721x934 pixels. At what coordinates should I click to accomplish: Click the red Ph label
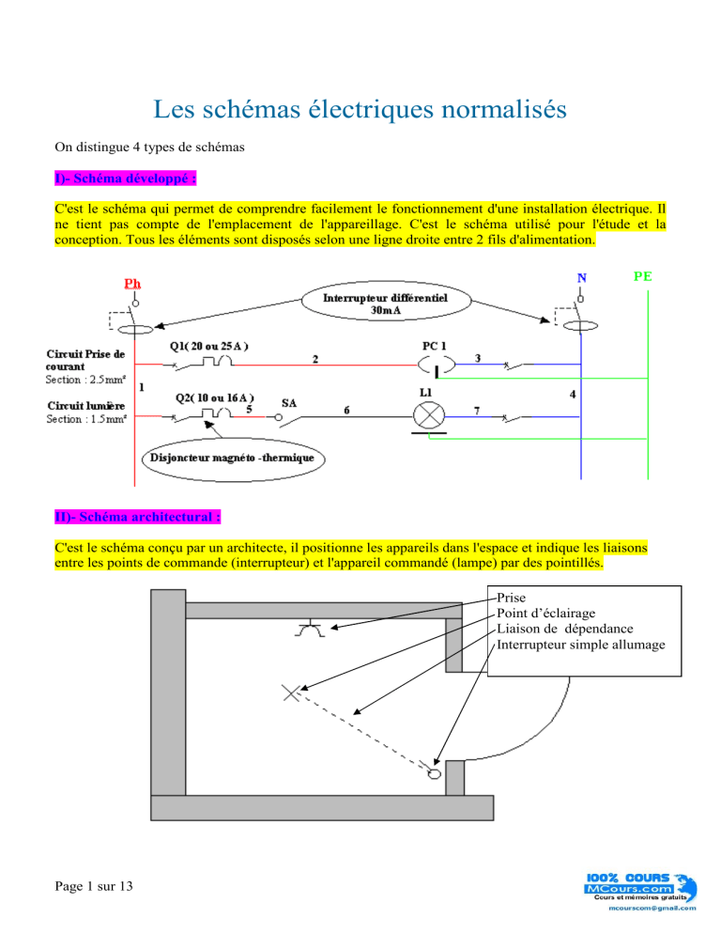[x=134, y=283]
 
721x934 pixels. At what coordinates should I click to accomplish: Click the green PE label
[x=644, y=278]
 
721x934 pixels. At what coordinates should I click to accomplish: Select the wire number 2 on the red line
[x=316, y=359]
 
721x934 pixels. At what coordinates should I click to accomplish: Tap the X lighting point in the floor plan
[x=292, y=694]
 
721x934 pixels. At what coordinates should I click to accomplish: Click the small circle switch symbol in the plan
[x=434, y=773]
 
